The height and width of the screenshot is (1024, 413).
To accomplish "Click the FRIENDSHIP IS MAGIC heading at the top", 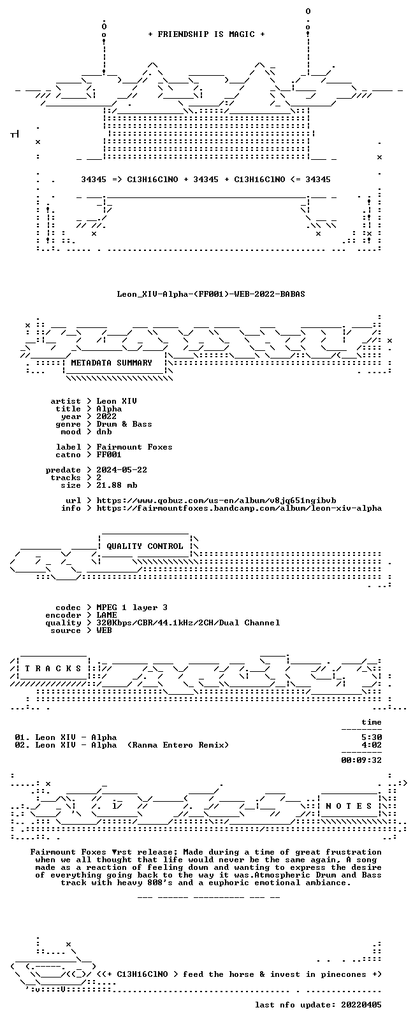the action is (x=207, y=34).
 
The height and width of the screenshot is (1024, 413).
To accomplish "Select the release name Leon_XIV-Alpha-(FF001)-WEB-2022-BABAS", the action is (x=211, y=294).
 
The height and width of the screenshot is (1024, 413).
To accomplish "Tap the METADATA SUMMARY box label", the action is (x=112, y=362).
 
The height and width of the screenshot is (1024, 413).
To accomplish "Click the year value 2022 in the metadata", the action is (x=106, y=416).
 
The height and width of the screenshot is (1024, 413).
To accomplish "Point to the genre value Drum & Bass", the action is (x=124, y=424).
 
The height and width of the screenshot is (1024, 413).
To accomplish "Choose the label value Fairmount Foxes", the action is (x=134, y=447).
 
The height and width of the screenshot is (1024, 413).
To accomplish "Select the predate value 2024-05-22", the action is (x=122, y=470).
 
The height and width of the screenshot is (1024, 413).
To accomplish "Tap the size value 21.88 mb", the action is (x=117, y=485).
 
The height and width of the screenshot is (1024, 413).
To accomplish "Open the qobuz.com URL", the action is (x=216, y=501).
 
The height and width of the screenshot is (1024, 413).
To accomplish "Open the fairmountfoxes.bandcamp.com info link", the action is (x=239, y=508).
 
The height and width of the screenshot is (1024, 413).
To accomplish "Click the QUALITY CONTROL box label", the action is (x=145, y=546).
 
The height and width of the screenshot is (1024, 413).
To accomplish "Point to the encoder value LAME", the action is (x=106, y=615).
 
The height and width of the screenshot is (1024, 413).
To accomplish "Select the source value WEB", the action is (x=105, y=630).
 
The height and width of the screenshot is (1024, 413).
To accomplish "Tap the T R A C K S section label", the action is (x=53, y=669).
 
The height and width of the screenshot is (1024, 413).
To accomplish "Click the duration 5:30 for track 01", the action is (x=372, y=737).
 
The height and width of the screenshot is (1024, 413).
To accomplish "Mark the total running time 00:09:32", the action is (x=361, y=760).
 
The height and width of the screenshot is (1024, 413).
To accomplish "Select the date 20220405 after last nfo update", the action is (x=361, y=1005).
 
